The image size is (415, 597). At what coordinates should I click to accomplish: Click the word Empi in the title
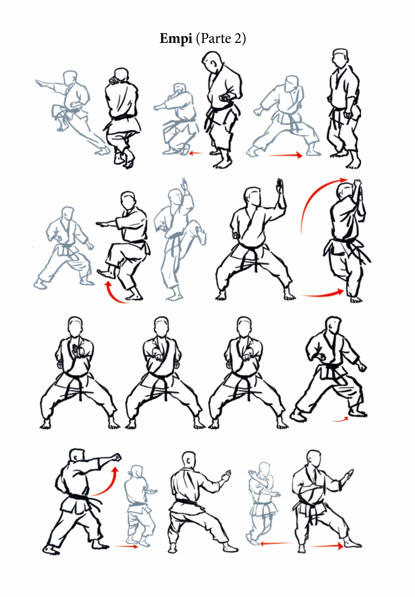176,38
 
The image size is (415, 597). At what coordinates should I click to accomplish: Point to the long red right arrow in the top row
285,155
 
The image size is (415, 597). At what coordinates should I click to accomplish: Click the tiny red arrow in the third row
340,419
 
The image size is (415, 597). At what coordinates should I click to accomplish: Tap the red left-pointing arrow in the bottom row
276,543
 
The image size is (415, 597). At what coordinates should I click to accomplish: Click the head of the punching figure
77,455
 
